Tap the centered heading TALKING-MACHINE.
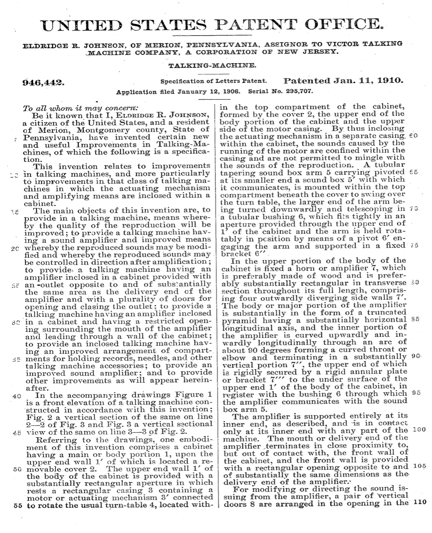(211, 65)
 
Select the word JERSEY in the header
(321, 52)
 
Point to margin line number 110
(420, 502)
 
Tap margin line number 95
(416, 393)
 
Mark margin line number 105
(419, 466)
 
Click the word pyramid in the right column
(236, 320)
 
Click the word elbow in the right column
(235, 357)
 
